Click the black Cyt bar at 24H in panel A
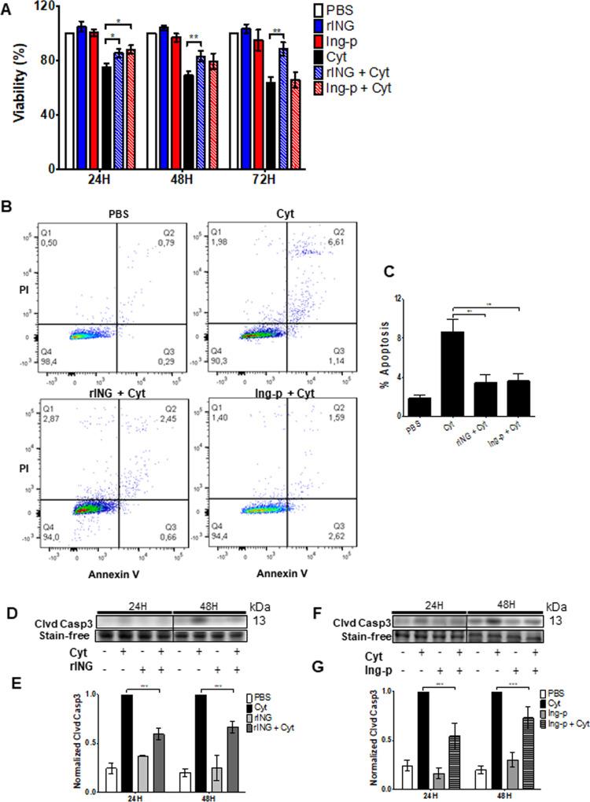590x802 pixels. (x=106, y=117)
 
